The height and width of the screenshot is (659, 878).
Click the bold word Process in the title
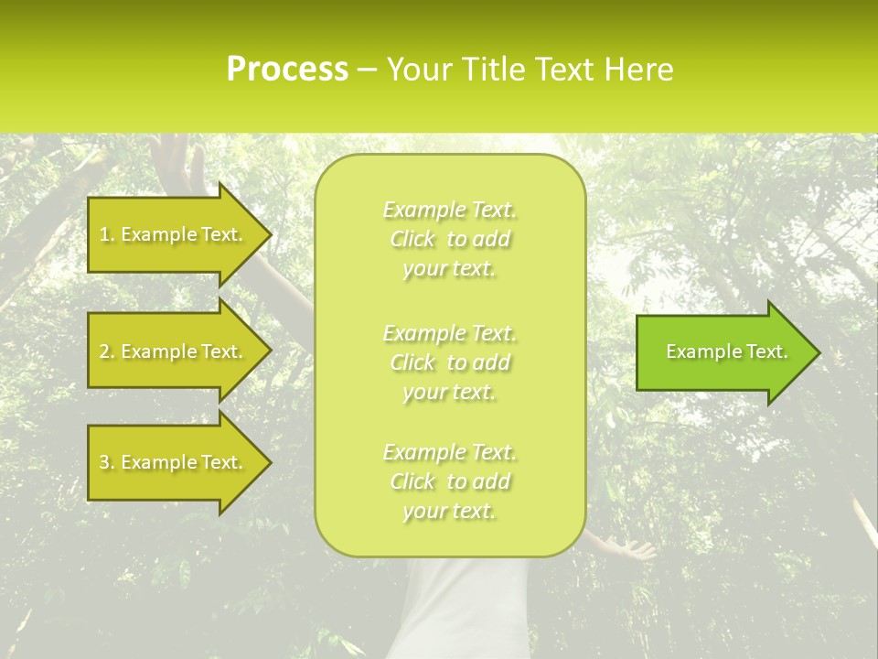(287, 70)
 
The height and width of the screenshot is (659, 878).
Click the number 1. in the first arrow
(107, 235)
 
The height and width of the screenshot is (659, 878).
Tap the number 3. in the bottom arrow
(107, 463)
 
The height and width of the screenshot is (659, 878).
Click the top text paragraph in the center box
(449, 239)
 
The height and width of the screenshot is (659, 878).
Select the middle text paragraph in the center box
(449, 362)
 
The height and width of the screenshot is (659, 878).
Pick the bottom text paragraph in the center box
(449, 481)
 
